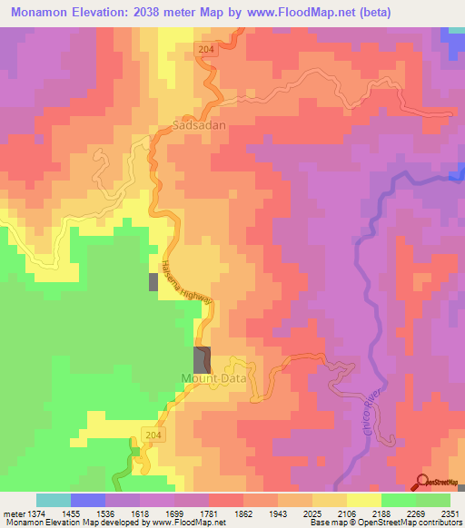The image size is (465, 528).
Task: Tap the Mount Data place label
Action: click(x=214, y=378)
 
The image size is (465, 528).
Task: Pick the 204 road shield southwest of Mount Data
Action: click(x=153, y=435)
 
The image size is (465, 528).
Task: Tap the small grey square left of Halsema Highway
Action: click(x=153, y=281)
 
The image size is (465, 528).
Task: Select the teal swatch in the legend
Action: click(x=53, y=500)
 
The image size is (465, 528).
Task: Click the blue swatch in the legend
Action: click(x=87, y=500)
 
